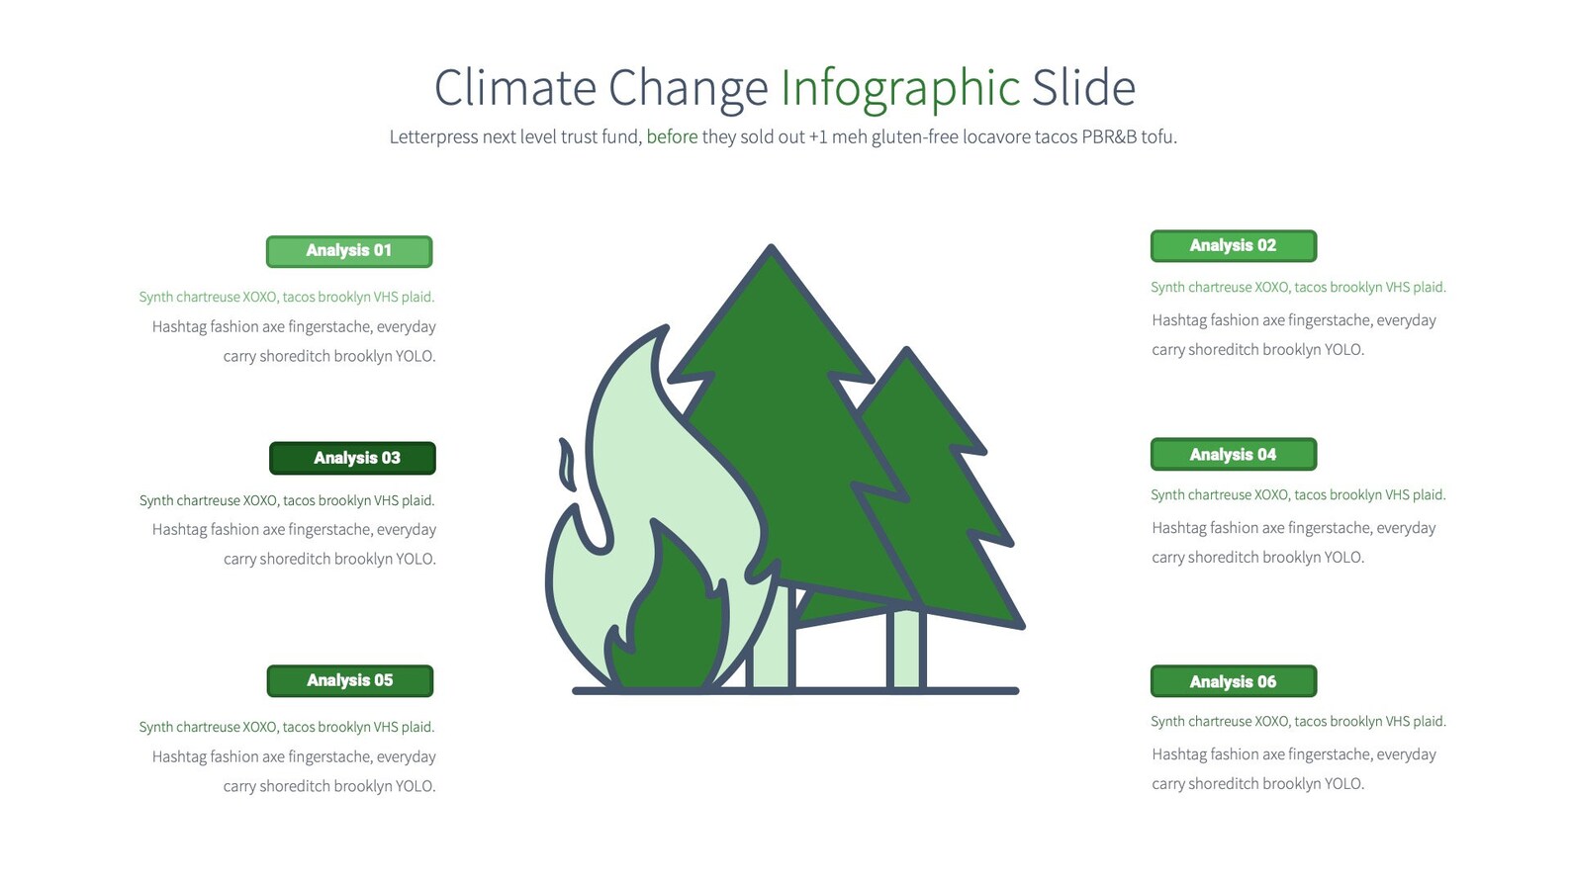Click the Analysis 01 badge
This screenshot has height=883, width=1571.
[349, 251]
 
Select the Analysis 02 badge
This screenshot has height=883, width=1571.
[1233, 246]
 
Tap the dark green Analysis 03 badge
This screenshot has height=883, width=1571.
[352, 458]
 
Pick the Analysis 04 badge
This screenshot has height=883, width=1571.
[1233, 455]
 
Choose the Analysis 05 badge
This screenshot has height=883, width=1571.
[349, 680]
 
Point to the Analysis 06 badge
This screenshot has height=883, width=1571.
[1233, 681]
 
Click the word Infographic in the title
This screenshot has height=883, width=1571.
[899, 88]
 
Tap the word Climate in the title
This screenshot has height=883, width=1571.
[514, 88]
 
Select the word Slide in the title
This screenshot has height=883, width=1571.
[1083, 88]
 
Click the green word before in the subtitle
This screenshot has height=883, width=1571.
[672, 136]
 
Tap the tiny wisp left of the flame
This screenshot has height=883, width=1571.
[567, 464]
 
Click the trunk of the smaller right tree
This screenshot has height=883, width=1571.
[905, 648]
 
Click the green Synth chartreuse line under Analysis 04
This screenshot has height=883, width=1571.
[1298, 494]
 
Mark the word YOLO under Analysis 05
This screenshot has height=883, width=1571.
[416, 786]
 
